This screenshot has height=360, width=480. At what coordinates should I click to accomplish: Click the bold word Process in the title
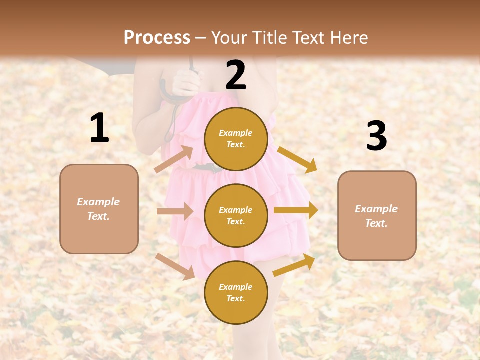[157, 37]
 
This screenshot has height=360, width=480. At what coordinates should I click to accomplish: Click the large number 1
[99, 128]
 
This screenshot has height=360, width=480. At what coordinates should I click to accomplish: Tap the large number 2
[236, 75]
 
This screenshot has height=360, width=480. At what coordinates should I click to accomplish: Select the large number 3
[376, 136]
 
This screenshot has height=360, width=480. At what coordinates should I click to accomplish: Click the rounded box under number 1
[99, 209]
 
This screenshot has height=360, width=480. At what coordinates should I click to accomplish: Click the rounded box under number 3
[377, 215]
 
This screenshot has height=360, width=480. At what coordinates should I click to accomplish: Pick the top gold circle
[236, 139]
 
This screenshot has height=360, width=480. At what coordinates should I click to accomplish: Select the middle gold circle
[236, 215]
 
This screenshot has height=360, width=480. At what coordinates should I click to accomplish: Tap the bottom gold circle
[236, 292]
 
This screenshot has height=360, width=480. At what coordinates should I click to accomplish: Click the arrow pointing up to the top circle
[174, 159]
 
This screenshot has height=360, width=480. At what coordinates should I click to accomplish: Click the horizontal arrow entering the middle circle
[175, 211]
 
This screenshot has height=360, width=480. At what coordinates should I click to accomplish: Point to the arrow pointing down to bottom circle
[175, 266]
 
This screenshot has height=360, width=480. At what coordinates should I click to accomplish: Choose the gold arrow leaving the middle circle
[296, 210]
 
